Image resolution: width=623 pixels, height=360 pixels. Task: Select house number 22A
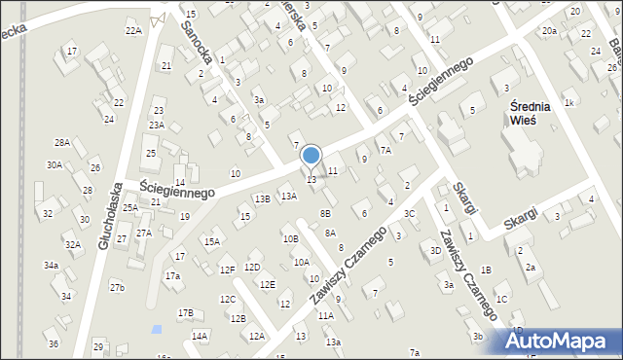click(x=133, y=30)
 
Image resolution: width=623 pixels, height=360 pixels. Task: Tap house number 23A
click(x=156, y=125)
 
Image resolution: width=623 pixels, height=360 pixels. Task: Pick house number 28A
click(x=62, y=142)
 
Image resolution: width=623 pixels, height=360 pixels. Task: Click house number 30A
click(x=54, y=165)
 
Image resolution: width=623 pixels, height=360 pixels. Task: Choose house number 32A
click(x=73, y=245)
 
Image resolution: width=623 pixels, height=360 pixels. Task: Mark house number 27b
click(x=117, y=287)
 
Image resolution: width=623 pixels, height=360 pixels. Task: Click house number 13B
click(x=262, y=198)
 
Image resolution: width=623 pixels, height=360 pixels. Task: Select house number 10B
click(x=290, y=238)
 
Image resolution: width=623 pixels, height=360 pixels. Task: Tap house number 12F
click(x=227, y=270)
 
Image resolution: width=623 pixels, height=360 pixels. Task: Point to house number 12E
click(x=267, y=284)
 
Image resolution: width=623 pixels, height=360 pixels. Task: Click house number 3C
click(x=410, y=214)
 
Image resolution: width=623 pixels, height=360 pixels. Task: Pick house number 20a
click(x=550, y=31)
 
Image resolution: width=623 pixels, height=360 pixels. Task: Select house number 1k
click(x=569, y=102)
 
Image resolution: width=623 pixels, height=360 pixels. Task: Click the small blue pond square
click(x=157, y=329)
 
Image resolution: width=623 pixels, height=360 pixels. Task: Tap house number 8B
click(x=326, y=212)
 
